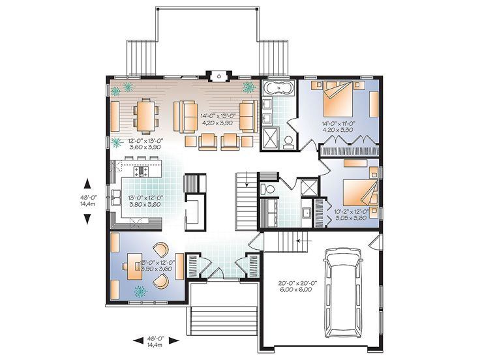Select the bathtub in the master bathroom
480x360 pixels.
(x=278, y=89)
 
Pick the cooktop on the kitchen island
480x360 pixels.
(x=142, y=172)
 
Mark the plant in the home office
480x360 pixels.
(x=139, y=291)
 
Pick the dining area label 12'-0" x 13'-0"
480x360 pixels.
(x=134, y=143)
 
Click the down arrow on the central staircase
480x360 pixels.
(x=248, y=184)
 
